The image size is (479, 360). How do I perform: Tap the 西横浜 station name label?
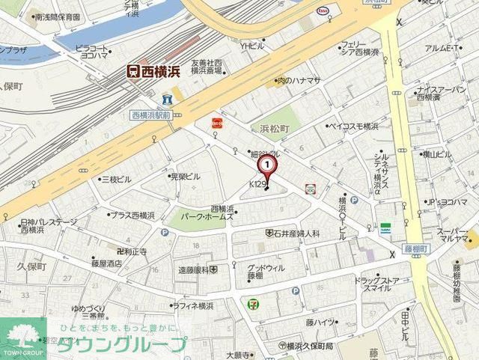[x=153, y=71]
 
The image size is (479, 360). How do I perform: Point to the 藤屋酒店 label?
[x=106, y=263]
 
